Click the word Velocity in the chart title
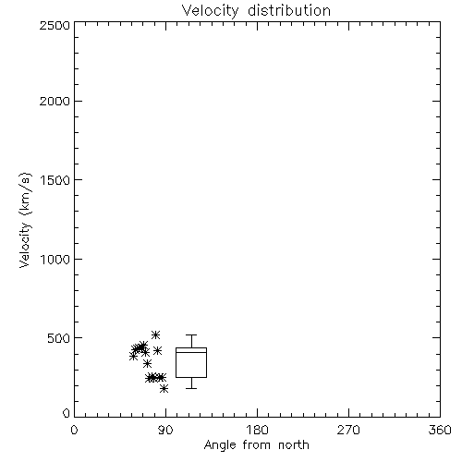pyautogui.click(x=211, y=11)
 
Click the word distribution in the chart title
pyautogui.click(x=289, y=10)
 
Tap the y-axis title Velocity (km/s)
pyautogui.click(x=25, y=220)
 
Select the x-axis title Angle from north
pyautogui.click(x=257, y=445)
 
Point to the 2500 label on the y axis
pyautogui.click(x=55, y=25)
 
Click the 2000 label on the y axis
pyautogui.click(x=55, y=101)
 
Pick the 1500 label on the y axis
pyautogui.click(x=55, y=180)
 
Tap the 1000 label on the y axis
pyautogui.click(x=55, y=259)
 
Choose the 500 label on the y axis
pyautogui.click(x=59, y=338)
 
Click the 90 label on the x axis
pyautogui.click(x=165, y=430)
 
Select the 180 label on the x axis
pyautogui.click(x=257, y=430)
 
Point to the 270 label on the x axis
pyautogui.click(x=348, y=430)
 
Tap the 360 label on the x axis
pyautogui.click(x=440, y=430)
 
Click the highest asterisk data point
pyautogui.click(x=155, y=334)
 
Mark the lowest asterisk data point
pyautogui.click(x=164, y=388)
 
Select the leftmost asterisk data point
pyautogui.click(x=133, y=357)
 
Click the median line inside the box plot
pyautogui.click(x=191, y=352)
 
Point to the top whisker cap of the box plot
pyautogui.click(x=191, y=334)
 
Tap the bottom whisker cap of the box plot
pyautogui.click(x=191, y=388)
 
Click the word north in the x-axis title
pyautogui.click(x=294, y=445)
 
